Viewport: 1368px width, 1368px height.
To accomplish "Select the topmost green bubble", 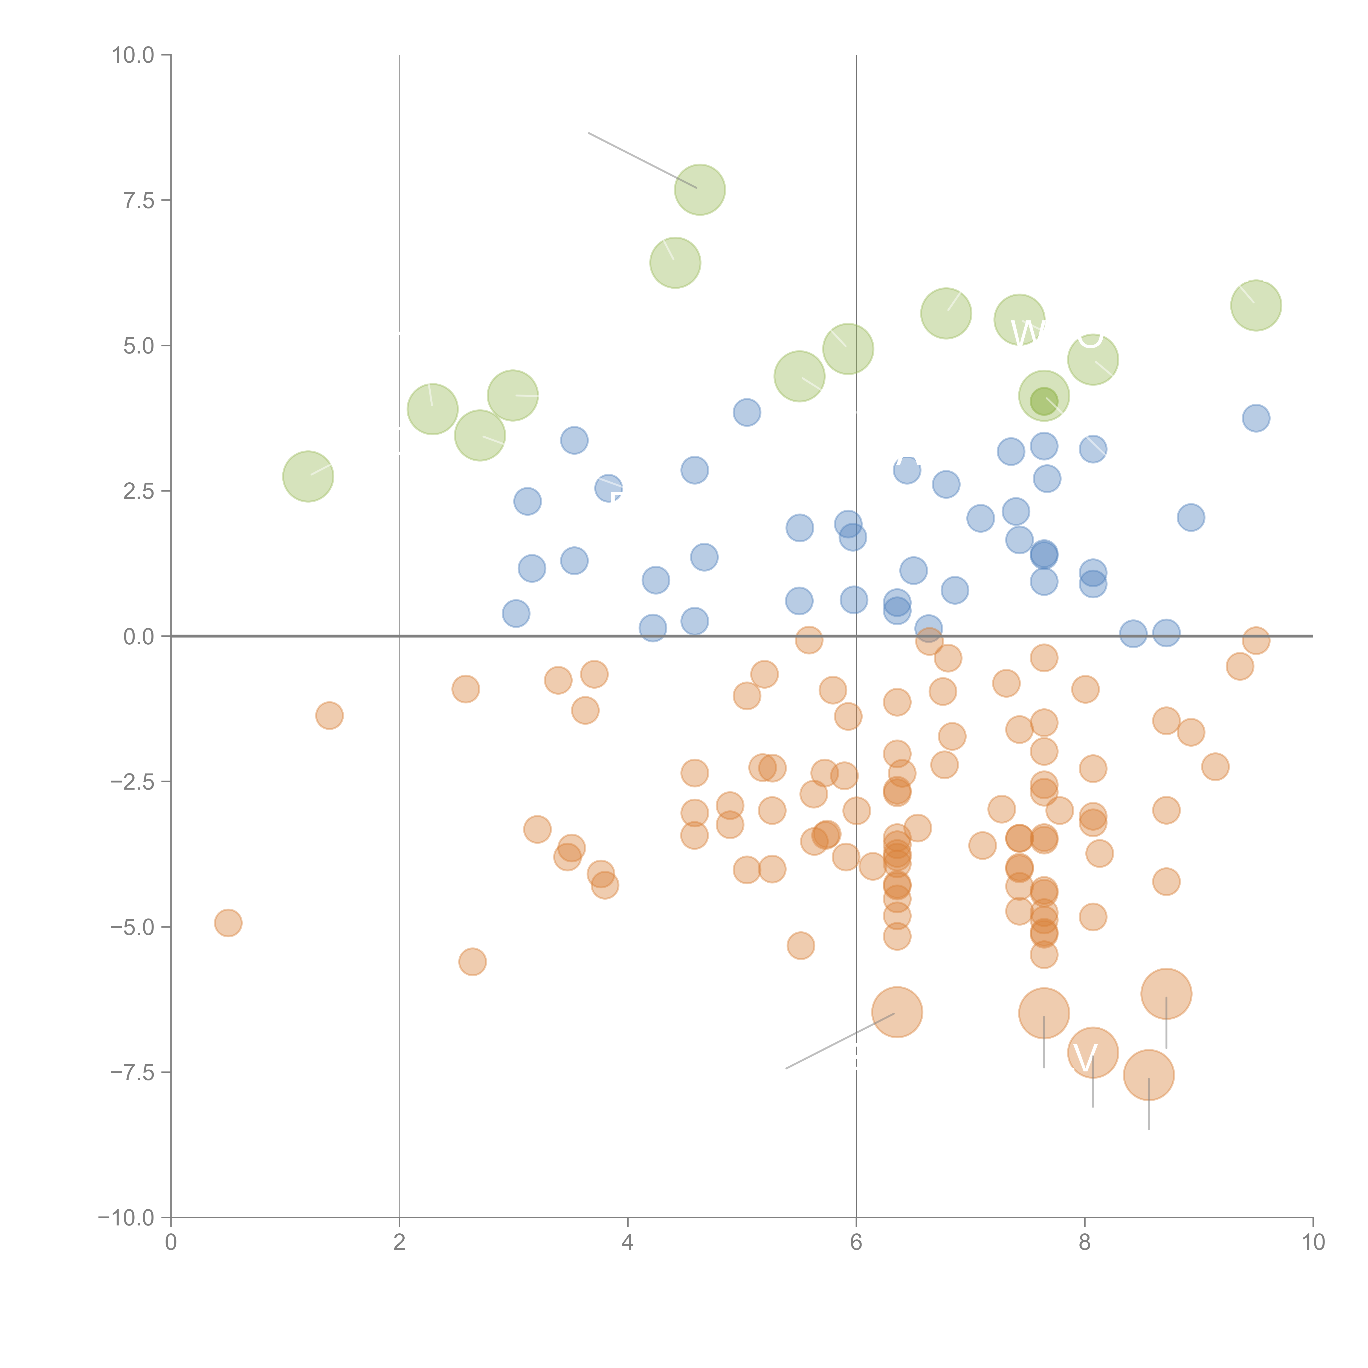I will click(700, 190).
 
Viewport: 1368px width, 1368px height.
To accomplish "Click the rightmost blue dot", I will click(1256, 419).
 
